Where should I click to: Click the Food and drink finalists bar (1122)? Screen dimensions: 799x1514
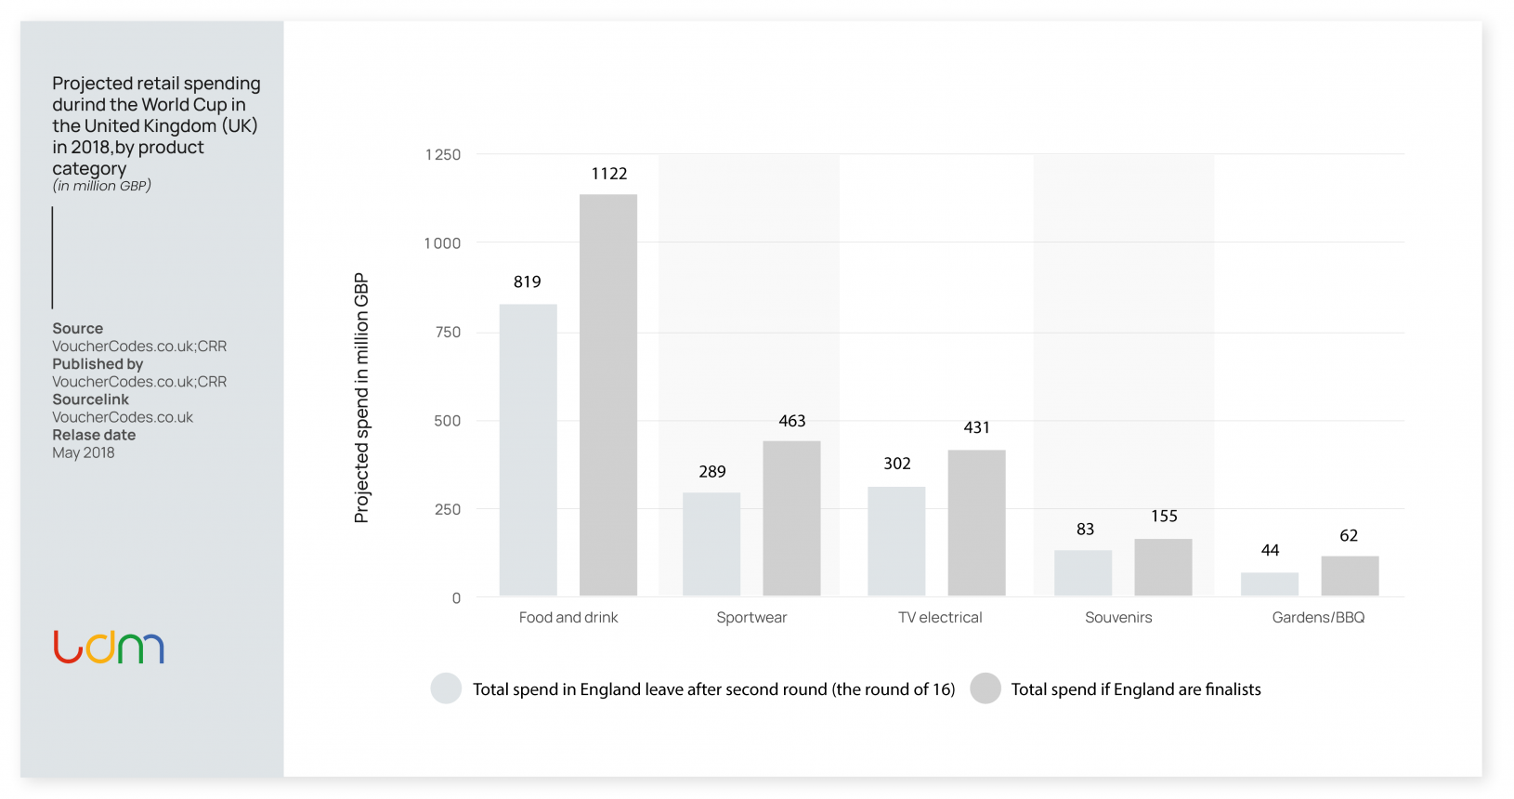click(x=608, y=395)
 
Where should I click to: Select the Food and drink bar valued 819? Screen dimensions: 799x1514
click(x=528, y=450)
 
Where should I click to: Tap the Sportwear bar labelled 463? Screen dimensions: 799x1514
click(x=791, y=517)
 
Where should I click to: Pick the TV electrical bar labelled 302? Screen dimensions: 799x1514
click(x=896, y=541)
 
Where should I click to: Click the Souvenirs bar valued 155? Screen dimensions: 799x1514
click(x=1163, y=567)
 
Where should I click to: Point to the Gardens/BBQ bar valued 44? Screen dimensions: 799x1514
click(x=1270, y=583)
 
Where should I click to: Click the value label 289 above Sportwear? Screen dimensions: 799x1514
click(x=712, y=472)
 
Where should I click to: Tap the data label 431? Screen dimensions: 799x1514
click(x=976, y=427)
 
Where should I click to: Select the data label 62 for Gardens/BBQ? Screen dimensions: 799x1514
click(x=1349, y=536)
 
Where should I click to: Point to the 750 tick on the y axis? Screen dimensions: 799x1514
click(x=448, y=332)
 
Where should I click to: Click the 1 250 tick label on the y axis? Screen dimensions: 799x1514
click(x=443, y=154)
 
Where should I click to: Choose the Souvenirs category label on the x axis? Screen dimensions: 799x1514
click(x=1118, y=618)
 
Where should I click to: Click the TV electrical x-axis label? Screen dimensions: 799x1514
click(x=940, y=618)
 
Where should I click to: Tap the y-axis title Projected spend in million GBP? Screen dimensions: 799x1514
click(x=361, y=398)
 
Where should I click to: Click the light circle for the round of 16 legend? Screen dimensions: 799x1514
click(x=446, y=688)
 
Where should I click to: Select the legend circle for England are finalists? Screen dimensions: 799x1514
click(x=985, y=688)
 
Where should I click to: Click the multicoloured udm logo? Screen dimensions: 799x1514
click(x=109, y=648)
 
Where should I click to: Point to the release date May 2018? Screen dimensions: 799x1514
click(x=84, y=452)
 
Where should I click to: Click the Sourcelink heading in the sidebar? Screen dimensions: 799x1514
click(x=91, y=399)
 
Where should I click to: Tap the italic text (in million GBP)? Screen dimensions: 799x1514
click(x=102, y=186)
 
